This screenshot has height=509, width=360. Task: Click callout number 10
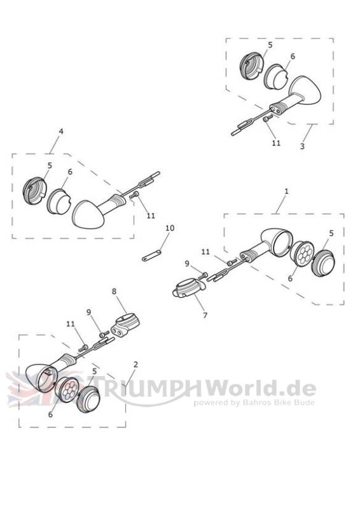[x=170, y=228]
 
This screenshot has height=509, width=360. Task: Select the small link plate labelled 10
[x=151, y=256]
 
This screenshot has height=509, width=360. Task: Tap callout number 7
[x=205, y=315]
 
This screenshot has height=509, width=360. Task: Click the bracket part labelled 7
[x=189, y=288]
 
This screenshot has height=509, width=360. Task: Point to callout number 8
[x=114, y=291]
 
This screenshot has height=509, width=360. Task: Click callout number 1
[x=286, y=192]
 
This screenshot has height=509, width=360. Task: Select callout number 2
[x=135, y=365]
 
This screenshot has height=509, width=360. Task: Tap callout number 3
[x=302, y=146]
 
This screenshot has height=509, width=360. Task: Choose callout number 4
[x=61, y=131]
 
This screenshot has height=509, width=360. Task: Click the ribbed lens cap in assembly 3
[x=251, y=67]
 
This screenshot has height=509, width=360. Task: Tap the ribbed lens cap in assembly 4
[x=35, y=190]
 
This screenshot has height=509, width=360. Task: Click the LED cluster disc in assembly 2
[x=67, y=389]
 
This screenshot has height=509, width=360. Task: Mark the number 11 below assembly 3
[x=276, y=143]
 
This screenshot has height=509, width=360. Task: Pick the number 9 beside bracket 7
[x=187, y=263]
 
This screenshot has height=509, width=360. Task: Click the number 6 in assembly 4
[x=70, y=172]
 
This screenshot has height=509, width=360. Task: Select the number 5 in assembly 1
[x=331, y=234]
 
